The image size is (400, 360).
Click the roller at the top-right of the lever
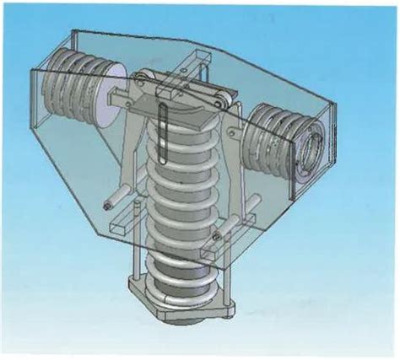(x=222, y=104)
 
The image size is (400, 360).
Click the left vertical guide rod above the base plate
(x=134, y=253)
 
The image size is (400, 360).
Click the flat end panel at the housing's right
(x=329, y=152)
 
